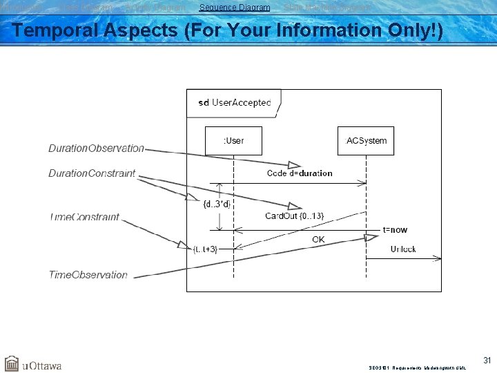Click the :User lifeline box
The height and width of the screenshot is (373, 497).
click(x=233, y=141)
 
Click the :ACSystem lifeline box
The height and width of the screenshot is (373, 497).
click(x=366, y=141)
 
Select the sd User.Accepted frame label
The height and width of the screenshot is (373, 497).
click(x=234, y=103)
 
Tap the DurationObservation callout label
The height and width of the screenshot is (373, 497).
click(x=96, y=149)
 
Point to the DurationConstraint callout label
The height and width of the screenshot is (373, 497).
click(x=92, y=173)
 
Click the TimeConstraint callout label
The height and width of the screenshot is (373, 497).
click(x=84, y=217)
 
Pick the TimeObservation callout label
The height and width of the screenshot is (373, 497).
click(x=88, y=275)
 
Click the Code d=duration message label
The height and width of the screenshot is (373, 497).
click(x=299, y=173)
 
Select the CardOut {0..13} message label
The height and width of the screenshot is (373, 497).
click(x=294, y=216)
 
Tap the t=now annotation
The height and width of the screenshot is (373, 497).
click(x=395, y=230)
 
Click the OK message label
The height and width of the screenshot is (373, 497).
click(x=318, y=240)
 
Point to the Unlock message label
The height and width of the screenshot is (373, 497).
click(x=403, y=249)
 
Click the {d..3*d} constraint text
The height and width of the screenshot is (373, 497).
click(x=217, y=204)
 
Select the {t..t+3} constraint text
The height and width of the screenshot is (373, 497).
click(x=206, y=249)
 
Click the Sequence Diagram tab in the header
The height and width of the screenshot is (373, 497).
click(x=235, y=8)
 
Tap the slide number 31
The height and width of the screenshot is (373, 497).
click(x=487, y=360)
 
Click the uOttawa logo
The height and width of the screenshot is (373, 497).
click(x=33, y=364)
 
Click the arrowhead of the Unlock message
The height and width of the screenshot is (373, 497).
click(x=436, y=258)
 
